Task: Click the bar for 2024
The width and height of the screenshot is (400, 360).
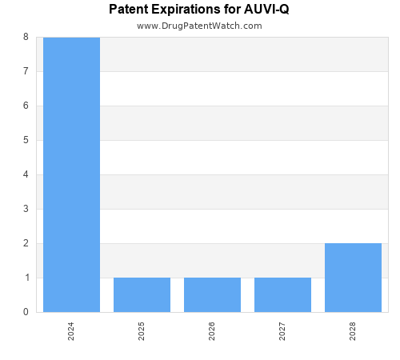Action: (x=71, y=174)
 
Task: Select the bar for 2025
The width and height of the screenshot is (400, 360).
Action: (x=142, y=294)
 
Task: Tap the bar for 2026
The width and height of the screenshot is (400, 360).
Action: (x=212, y=294)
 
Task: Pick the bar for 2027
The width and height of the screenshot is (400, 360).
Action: (x=282, y=294)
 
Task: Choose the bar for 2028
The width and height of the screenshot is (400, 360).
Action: (x=353, y=278)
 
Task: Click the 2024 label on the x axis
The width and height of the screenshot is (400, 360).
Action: (x=71, y=331)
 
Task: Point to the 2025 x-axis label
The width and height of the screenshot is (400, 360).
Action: (x=142, y=331)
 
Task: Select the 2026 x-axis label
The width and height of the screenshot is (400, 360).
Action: (x=212, y=331)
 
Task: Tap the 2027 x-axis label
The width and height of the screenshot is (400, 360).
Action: (x=282, y=331)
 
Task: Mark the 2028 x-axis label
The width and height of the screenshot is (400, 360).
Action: (x=353, y=331)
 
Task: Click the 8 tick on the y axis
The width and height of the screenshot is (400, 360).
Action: (x=26, y=37)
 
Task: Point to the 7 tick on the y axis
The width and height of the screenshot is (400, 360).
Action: (x=26, y=71)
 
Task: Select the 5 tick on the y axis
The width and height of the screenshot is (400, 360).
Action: (x=26, y=140)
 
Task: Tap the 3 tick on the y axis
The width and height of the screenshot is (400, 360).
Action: (x=26, y=209)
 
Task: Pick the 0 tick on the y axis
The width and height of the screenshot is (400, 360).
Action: (x=26, y=312)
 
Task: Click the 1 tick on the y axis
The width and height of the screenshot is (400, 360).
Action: (x=26, y=278)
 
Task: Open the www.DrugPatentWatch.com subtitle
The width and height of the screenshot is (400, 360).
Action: (x=199, y=26)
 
